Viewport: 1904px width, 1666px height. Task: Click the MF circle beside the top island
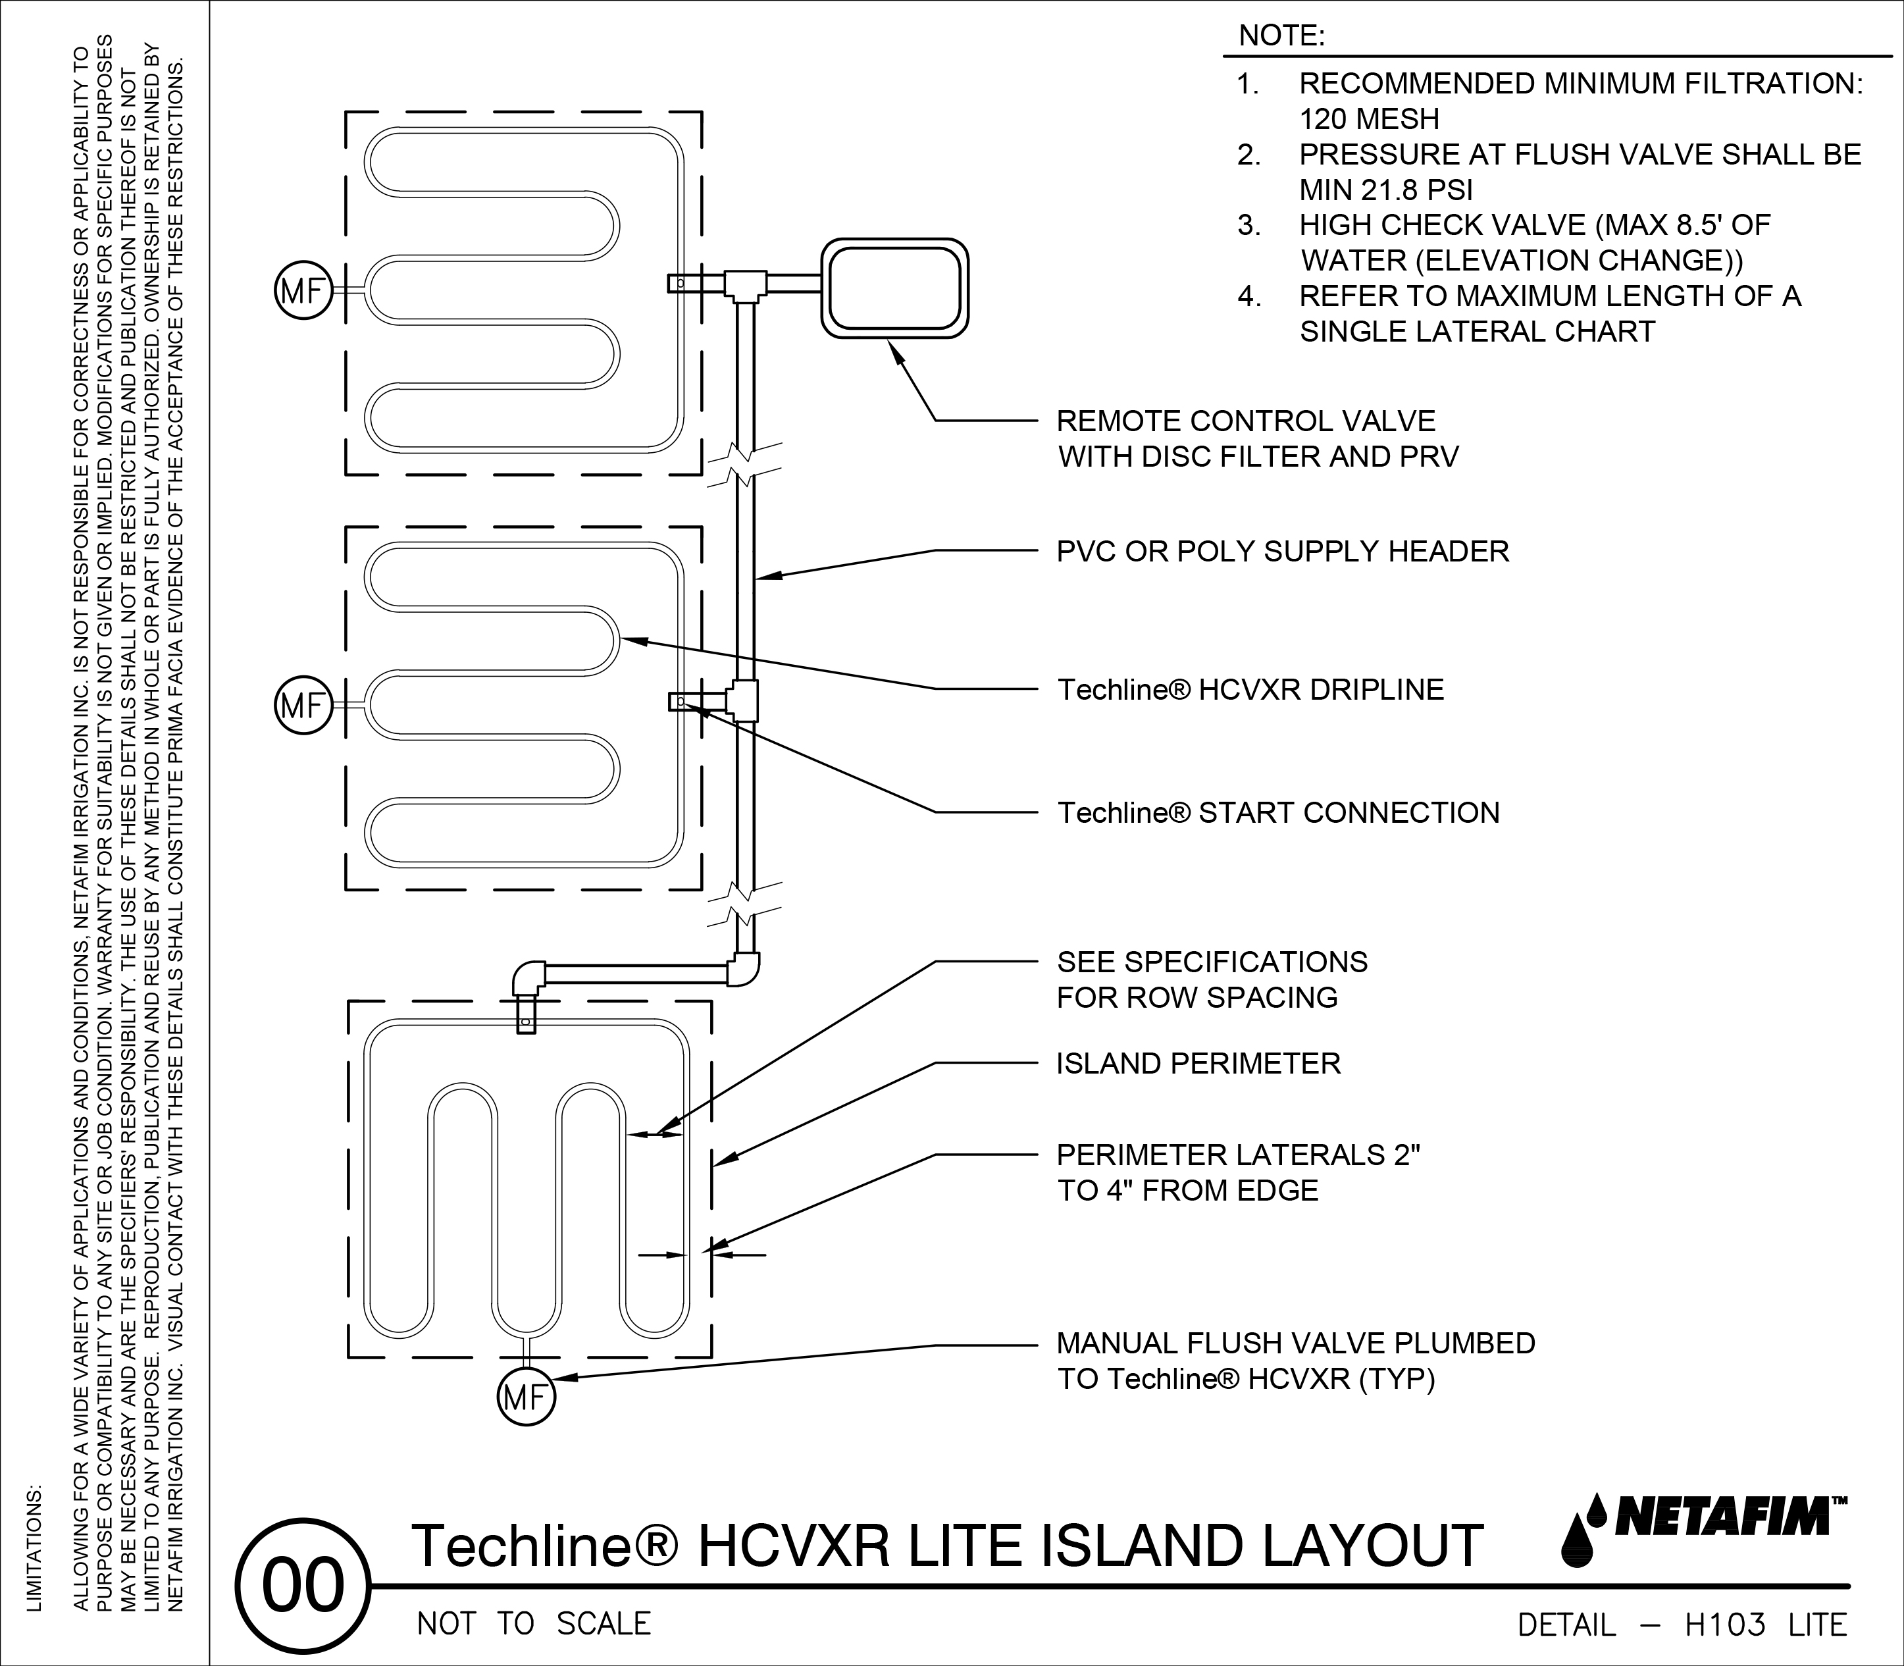[302, 292]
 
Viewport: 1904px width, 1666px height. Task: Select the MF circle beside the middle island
[302, 706]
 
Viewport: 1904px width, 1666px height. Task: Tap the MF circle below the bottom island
[527, 1396]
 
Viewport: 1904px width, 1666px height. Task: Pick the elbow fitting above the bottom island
[527, 979]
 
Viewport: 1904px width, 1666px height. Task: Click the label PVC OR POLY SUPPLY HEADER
[1282, 552]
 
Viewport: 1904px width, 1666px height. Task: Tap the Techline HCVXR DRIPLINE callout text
[1250, 690]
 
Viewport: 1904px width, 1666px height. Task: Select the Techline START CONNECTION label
[1278, 812]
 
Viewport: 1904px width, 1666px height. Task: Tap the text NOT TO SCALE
[534, 1623]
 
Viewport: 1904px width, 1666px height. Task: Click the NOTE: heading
[1282, 36]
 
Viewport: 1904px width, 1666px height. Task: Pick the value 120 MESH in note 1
[1368, 119]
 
